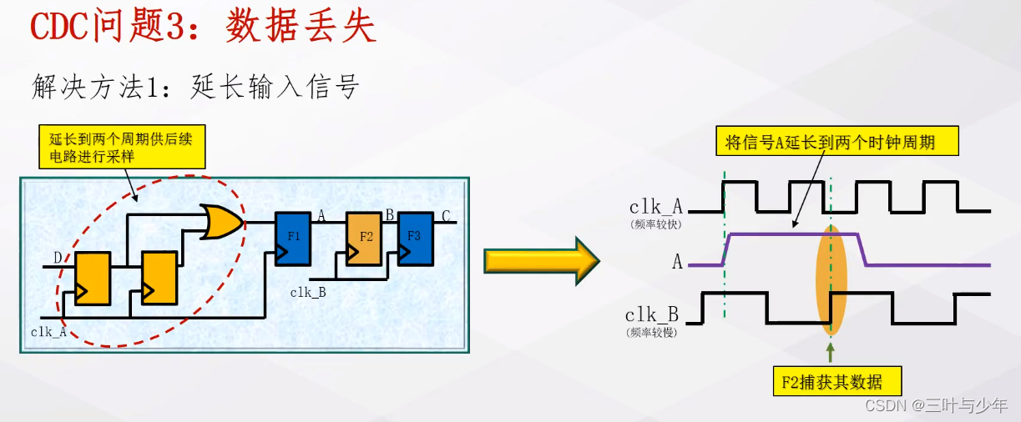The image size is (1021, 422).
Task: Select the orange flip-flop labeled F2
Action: pyautogui.click(x=366, y=239)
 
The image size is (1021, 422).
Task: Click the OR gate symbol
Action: pyautogui.click(x=221, y=222)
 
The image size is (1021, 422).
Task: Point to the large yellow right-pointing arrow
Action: pyautogui.click(x=541, y=260)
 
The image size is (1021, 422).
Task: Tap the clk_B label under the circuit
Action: pyautogui.click(x=308, y=292)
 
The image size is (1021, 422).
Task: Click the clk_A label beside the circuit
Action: pyautogui.click(x=48, y=331)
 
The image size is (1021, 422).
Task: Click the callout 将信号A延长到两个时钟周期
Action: pyautogui.click(x=837, y=143)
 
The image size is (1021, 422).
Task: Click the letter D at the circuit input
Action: pyautogui.click(x=58, y=256)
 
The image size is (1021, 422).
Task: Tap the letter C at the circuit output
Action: pyautogui.click(x=447, y=217)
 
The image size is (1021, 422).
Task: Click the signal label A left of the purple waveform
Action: pyautogui.click(x=677, y=262)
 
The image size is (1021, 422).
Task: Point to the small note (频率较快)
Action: pyautogui.click(x=655, y=224)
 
